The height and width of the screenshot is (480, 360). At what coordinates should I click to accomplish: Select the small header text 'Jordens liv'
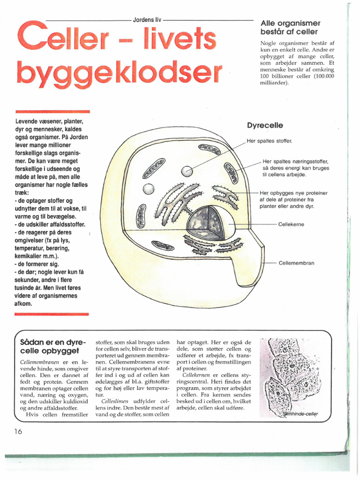tap(147, 21)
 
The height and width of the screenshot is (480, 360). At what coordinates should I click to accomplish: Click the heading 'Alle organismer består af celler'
tap(290, 28)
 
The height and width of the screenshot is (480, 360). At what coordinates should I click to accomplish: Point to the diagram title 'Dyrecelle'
tap(265, 126)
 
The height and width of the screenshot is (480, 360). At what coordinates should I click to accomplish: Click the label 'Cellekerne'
tap(291, 225)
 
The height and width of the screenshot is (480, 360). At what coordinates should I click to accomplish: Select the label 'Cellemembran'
tap(296, 263)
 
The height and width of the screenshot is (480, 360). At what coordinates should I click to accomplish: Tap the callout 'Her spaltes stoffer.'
tap(269, 141)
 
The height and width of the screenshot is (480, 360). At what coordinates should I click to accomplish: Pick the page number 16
tap(18, 432)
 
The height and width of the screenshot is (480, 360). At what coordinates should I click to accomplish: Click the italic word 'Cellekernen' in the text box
tap(197, 375)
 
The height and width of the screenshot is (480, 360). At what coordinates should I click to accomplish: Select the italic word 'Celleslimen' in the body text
tap(115, 402)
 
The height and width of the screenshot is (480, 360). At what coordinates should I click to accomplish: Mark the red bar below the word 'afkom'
tap(52, 314)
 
